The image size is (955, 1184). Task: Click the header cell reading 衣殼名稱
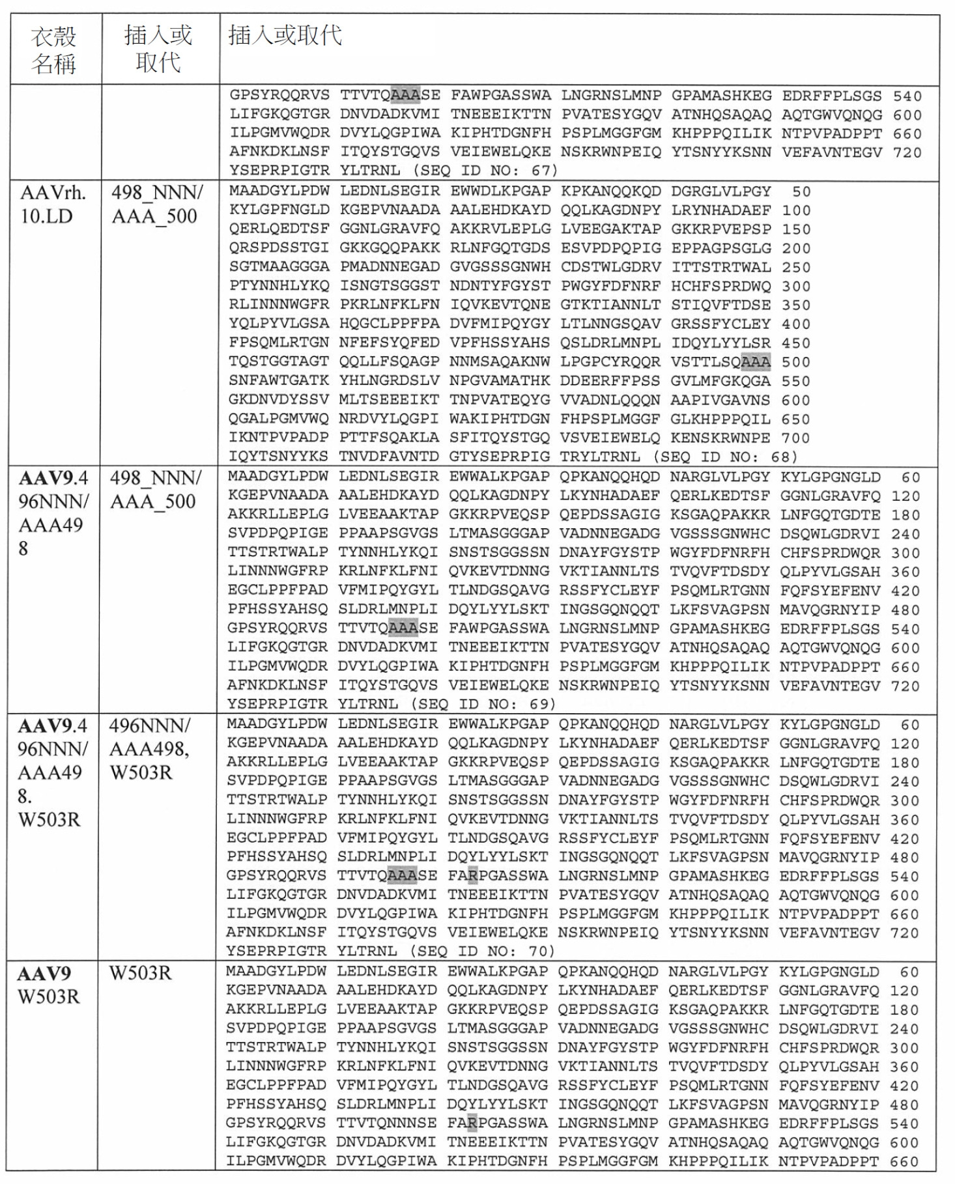[x=53, y=49]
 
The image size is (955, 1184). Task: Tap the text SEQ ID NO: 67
[x=486, y=171]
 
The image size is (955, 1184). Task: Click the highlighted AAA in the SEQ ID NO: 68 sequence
[x=756, y=361]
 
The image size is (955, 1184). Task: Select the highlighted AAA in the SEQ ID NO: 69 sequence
[x=403, y=628]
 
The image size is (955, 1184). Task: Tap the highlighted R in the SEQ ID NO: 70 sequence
[x=472, y=876]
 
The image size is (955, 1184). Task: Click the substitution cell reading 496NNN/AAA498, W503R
[x=149, y=749]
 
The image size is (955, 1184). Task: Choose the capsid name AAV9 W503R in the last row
[x=49, y=985]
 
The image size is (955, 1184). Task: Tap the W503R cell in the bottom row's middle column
[x=140, y=973]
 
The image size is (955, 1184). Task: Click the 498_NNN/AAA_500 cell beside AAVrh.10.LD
[x=156, y=204]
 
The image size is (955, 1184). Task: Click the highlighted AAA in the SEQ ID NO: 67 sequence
[x=405, y=95]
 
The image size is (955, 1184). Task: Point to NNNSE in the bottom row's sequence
[x=410, y=1123]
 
